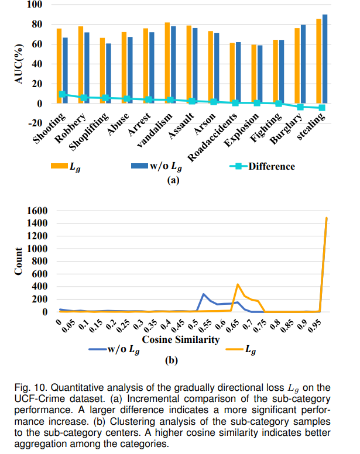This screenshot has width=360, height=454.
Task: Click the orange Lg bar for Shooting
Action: click(59, 66)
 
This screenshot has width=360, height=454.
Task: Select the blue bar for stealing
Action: click(325, 59)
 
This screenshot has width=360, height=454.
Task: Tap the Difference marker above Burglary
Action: click(300, 107)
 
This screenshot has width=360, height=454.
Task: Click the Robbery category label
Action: click(71, 128)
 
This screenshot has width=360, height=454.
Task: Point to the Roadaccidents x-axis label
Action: click(213, 137)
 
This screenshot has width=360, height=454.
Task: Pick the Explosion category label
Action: click(242, 129)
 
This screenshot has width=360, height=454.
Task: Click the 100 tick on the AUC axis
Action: click(35, 4)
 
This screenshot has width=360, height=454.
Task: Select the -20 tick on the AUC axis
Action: click(35, 123)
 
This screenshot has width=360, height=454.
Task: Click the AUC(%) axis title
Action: click(19, 64)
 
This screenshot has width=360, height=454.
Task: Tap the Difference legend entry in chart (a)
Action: click(262, 166)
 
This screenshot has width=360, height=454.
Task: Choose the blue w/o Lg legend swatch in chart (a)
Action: click(139, 166)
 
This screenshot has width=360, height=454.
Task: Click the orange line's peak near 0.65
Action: click(238, 284)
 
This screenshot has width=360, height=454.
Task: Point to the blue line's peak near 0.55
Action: click(204, 294)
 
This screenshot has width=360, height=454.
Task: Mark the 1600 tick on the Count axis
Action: click(37, 211)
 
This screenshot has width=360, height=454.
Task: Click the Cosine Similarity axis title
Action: click(181, 339)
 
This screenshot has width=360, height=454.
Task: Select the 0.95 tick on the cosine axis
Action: click(314, 326)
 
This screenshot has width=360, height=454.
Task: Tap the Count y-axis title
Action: click(18, 261)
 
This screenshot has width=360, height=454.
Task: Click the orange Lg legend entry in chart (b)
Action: click(241, 350)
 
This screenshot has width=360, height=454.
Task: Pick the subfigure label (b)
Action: click(172, 360)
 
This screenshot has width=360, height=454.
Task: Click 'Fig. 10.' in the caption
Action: click(31, 387)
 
